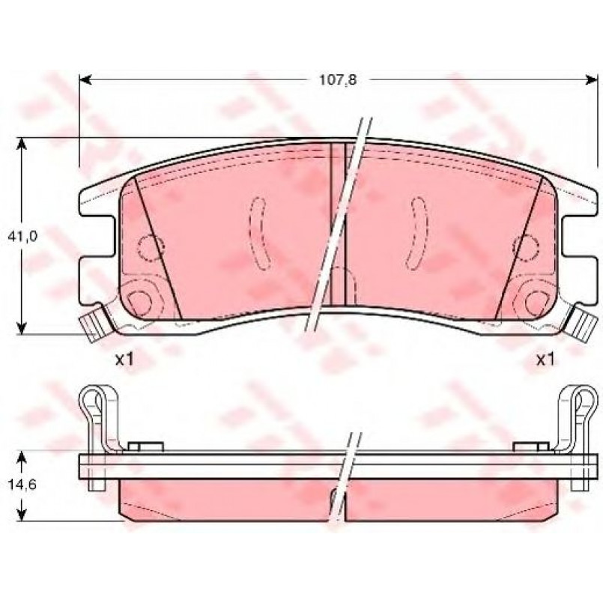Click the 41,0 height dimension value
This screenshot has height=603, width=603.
[x=22, y=237]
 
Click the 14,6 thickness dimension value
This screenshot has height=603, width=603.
[x=22, y=485]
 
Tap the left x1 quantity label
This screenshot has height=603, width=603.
[x=124, y=360]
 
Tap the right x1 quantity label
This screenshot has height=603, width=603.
[x=546, y=360]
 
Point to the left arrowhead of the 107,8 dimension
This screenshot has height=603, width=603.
[x=85, y=79]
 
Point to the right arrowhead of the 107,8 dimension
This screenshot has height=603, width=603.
[x=593, y=79]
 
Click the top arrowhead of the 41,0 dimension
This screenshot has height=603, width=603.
[x=22, y=144]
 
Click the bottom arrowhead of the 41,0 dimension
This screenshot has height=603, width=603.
[x=22, y=327]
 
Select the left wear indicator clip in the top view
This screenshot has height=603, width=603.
[x=94, y=323]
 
